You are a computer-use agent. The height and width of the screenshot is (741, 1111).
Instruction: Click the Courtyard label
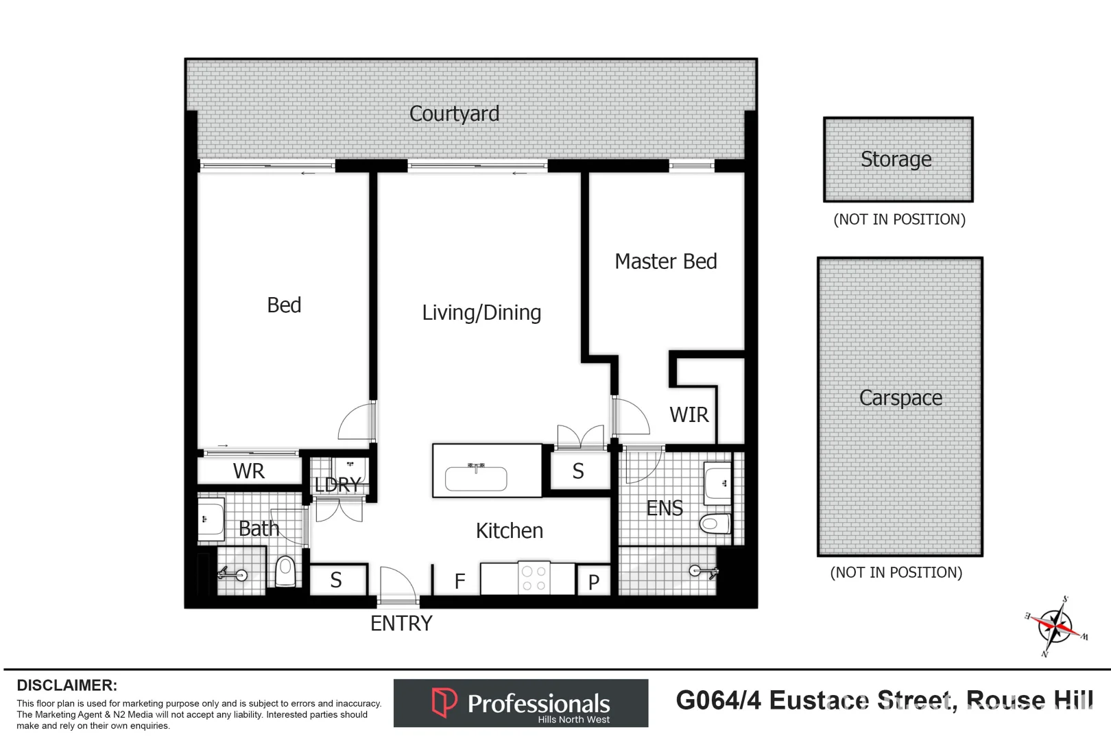pyautogui.click(x=454, y=114)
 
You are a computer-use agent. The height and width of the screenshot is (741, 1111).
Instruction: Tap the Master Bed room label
pyautogui.click(x=665, y=261)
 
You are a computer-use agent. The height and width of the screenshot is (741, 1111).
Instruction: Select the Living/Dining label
pyautogui.click(x=481, y=313)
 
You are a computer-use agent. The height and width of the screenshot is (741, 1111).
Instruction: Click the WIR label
pyautogui.click(x=689, y=415)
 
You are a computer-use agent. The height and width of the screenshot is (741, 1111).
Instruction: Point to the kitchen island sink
pyautogui.click(x=476, y=478)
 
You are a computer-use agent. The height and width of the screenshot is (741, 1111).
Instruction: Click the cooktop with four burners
pyautogui.click(x=534, y=578)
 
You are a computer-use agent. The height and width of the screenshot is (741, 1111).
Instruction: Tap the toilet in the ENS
pyautogui.click(x=715, y=525)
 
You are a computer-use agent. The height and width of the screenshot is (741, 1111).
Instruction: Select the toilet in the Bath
pyautogui.click(x=285, y=571)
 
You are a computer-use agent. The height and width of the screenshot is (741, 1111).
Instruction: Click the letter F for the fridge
pyautogui.click(x=459, y=582)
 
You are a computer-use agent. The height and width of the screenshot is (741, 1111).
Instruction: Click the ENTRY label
pyautogui.click(x=401, y=624)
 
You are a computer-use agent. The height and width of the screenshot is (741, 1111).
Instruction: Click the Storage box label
pyautogui.click(x=896, y=159)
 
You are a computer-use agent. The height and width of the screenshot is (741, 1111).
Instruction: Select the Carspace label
pyautogui.click(x=900, y=398)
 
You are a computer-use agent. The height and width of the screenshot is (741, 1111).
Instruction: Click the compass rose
pyautogui.click(x=1055, y=626)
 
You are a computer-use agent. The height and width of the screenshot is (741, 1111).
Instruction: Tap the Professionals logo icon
pyautogui.click(x=444, y=702)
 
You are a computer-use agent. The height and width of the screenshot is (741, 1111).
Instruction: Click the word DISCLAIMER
pyautogui.click(x=67, y=685)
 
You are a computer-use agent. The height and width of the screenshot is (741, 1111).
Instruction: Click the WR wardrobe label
pyautogui.click(x=248, y=471)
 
